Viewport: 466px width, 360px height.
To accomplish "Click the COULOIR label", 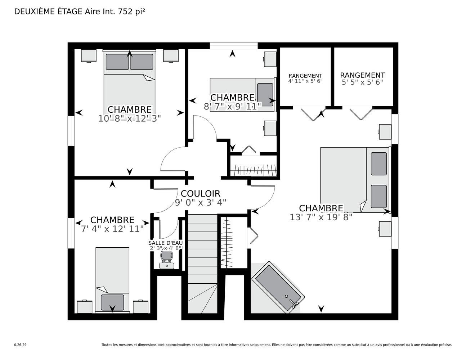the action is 200,194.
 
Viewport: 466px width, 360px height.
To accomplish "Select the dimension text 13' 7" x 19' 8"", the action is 321,217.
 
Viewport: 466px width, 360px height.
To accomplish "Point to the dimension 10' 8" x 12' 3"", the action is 129,118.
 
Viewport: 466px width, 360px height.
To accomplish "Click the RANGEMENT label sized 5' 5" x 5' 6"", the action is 362,75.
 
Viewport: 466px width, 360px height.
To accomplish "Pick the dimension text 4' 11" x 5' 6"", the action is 305,81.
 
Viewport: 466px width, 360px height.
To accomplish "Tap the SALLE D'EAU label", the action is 165,243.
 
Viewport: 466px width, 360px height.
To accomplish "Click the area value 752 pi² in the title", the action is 131,12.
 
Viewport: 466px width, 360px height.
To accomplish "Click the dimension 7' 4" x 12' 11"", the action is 112,229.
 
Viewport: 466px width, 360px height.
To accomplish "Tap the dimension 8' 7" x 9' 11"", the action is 233,106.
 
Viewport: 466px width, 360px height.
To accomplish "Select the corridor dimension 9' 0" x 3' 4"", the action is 200,202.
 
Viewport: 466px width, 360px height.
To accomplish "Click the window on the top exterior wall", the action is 233,46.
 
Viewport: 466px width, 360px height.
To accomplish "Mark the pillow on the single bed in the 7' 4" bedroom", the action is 112,302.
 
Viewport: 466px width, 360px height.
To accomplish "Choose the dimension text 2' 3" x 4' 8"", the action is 165,248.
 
